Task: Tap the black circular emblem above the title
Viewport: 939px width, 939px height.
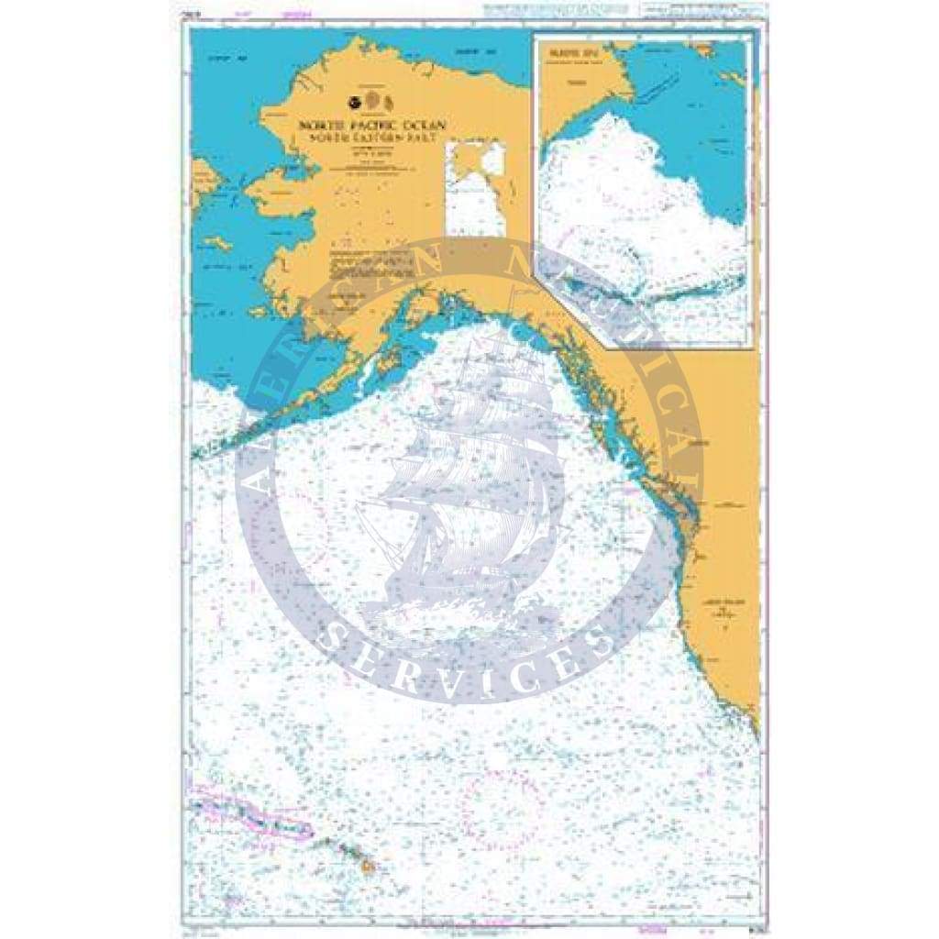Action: coord(356,101)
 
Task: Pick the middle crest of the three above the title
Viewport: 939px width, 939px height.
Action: coord(372,100)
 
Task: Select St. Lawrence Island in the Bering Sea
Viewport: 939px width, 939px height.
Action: coord(218,244)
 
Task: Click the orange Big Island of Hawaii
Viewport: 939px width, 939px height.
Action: coord(369,865)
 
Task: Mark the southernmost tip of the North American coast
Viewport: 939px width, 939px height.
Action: coord(757,734)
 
